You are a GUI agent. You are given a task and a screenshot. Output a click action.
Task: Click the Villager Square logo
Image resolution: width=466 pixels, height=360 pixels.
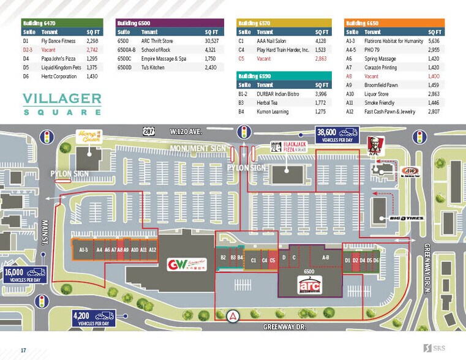pos(62,103)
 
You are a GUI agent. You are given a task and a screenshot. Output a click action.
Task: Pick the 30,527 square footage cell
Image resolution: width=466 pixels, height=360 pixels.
pos(211,41)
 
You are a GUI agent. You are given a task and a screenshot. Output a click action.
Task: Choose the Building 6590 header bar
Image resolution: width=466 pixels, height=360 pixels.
pos(284,76)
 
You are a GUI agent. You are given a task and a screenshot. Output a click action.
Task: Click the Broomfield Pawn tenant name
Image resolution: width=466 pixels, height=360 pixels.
pos(383,85)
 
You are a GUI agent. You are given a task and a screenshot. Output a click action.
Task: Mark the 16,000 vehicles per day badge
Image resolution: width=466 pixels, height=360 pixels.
pos(24,275)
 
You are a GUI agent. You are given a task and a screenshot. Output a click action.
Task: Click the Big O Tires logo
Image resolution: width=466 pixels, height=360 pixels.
pos(406,218)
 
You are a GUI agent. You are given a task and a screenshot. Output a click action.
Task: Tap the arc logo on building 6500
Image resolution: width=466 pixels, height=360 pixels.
pos(309,286)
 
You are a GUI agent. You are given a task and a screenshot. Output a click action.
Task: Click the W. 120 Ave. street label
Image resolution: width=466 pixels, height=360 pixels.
pos(186,131)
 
